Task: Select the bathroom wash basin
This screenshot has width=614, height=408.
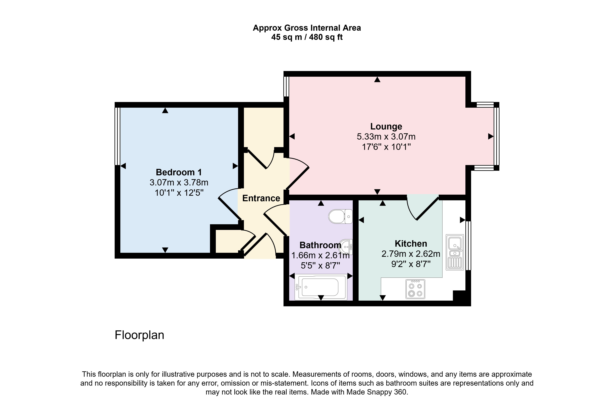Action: [x=347, y=247]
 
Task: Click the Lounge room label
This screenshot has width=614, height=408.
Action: [x=386, y=126]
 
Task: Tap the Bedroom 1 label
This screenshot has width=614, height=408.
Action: [x=179, y=172]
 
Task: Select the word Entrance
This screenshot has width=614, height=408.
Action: [x=261, y=198]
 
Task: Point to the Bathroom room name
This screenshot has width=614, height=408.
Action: [x=320, y=245]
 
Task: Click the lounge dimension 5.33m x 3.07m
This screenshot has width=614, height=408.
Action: [x=386, y=137]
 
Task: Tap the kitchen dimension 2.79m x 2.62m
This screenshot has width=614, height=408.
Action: [x=411, y=254]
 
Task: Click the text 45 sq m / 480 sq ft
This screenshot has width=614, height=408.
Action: [x=307, y=37]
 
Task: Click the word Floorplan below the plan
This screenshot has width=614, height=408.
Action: [x=139, y=335]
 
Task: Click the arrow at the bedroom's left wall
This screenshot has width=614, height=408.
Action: [x=123, y=166]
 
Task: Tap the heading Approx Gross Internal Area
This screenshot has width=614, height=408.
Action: [x=307, y=28]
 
